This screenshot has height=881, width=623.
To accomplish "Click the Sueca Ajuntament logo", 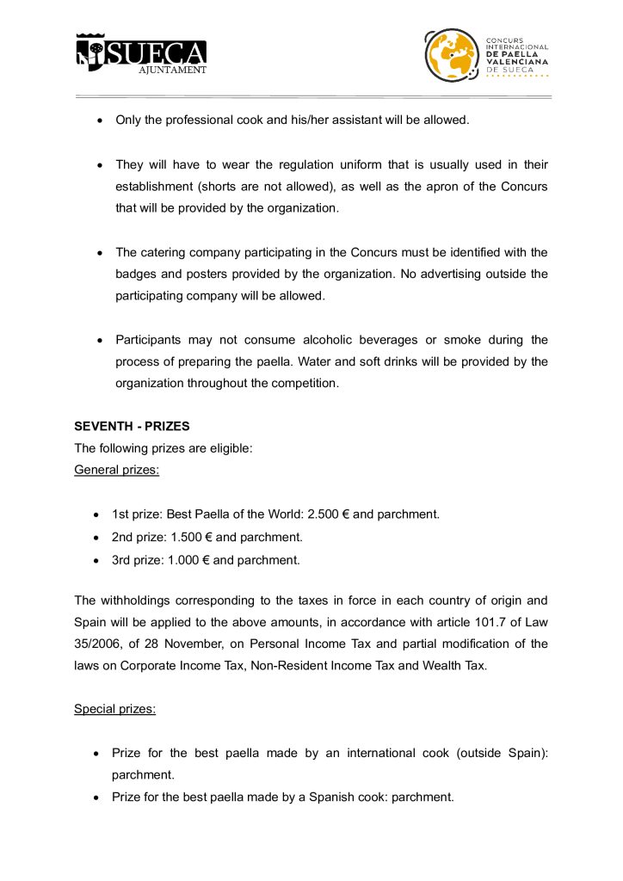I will click(141, 53).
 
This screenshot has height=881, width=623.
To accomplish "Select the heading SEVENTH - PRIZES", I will click(132, 426).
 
